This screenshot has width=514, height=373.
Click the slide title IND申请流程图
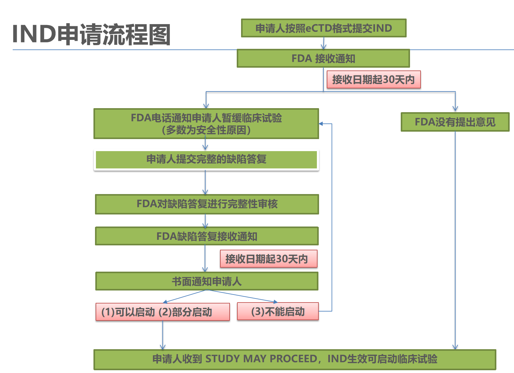92,34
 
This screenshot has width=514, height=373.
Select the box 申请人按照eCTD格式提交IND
323,28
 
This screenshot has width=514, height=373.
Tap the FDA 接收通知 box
323,58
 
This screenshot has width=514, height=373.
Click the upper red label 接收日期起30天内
374,80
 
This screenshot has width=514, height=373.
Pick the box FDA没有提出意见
455,122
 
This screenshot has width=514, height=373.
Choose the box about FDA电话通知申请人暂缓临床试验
206,118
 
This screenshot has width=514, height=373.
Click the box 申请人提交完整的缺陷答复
206,159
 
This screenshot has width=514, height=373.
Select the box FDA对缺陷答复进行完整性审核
207,204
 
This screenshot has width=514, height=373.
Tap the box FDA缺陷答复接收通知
207,236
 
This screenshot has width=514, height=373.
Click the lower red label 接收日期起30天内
268,259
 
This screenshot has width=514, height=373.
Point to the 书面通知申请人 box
207,281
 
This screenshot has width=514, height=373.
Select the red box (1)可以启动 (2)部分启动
162,312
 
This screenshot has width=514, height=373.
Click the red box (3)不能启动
278,312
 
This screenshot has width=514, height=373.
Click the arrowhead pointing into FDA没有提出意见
455,109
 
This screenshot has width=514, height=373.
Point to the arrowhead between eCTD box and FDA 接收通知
323,47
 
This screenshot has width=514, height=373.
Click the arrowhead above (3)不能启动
275,302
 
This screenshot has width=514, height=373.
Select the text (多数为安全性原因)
206,130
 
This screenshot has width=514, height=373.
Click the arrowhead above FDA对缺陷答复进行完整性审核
205,192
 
